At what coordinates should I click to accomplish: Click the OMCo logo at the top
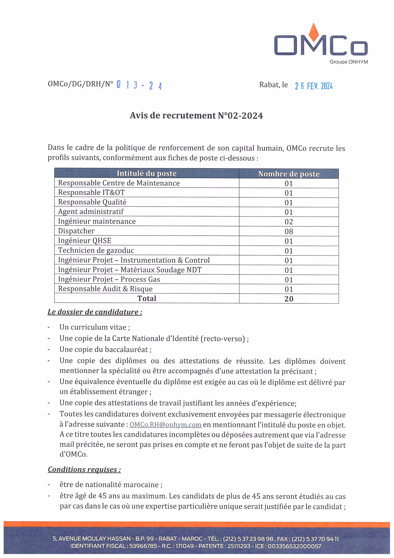pyautogui.click(x=321, y=43)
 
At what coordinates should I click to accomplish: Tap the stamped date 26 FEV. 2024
pyautogui.click(x=313, y=86)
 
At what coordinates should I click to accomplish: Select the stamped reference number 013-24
pyautogui.click(x=139, y=85)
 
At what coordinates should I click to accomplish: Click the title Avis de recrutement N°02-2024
pyautogui.click(x=196, y=115)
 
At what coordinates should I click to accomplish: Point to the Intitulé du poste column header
pyautogui.click(x=146, y=173)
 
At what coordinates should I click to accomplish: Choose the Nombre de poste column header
pyautogui.click(x=289, y=174)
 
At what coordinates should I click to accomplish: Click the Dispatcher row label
pyautogui.click(x=76, y=231)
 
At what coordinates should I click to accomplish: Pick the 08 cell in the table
pyautogui.click(x=289, y=231)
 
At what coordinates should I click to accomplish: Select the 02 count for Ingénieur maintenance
pyautogui.click(x=289, y=222)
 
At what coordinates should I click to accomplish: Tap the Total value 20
pyautogui.click(x=289, y=299)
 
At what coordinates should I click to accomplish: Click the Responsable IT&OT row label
pyautogui.click(x=91, y=192)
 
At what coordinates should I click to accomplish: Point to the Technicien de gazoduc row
pyautogui.click(x=96, y=250)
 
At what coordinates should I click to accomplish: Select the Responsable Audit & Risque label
pyautogui.click(x=105, y=289)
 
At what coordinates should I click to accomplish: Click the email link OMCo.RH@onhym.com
pyautogui.click(x=165, y=425)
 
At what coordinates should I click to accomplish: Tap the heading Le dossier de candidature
pyautogui.click(x=95, y=312)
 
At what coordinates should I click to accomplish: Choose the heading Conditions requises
pyautogui.click(x=84, y=469)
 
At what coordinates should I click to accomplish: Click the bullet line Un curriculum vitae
pyautogui.click(x=95, y=327)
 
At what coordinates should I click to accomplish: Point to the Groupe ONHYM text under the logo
pyautogui.click(x=349, y=62)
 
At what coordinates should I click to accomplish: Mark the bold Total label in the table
pyautogui.click(x=146, y=298)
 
